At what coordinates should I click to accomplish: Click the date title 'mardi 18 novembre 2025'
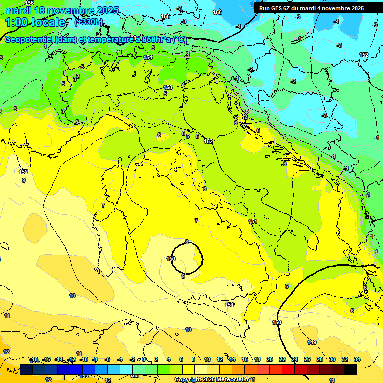tap(62, 10)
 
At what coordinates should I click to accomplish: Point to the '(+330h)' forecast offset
tap(88, 22)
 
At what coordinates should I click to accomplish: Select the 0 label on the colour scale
tap(144, 359)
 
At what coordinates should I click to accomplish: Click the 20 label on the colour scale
tap(270, 359)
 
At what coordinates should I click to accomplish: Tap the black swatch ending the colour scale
tap(351, 369)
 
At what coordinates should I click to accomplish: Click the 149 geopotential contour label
tap(312, 342)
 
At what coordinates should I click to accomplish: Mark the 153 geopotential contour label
tap(168, 87)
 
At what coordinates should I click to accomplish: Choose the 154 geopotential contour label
tap(148, 58)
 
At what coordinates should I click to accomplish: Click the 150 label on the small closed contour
tap(171, 259)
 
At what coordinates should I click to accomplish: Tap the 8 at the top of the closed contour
tap(187, 242)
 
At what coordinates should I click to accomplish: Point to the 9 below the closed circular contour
tap(183, 276)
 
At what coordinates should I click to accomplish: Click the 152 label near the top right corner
tap(364, 55)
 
